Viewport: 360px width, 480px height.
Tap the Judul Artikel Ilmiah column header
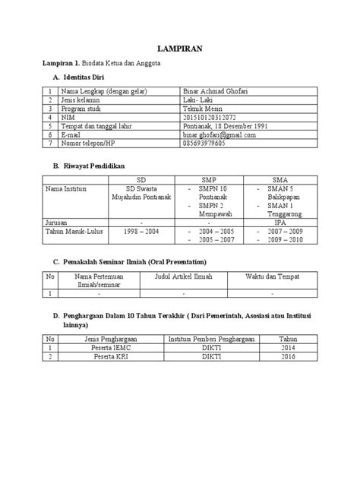click(x=182, y=276)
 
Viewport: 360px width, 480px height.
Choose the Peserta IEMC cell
click(x=106, y=347)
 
